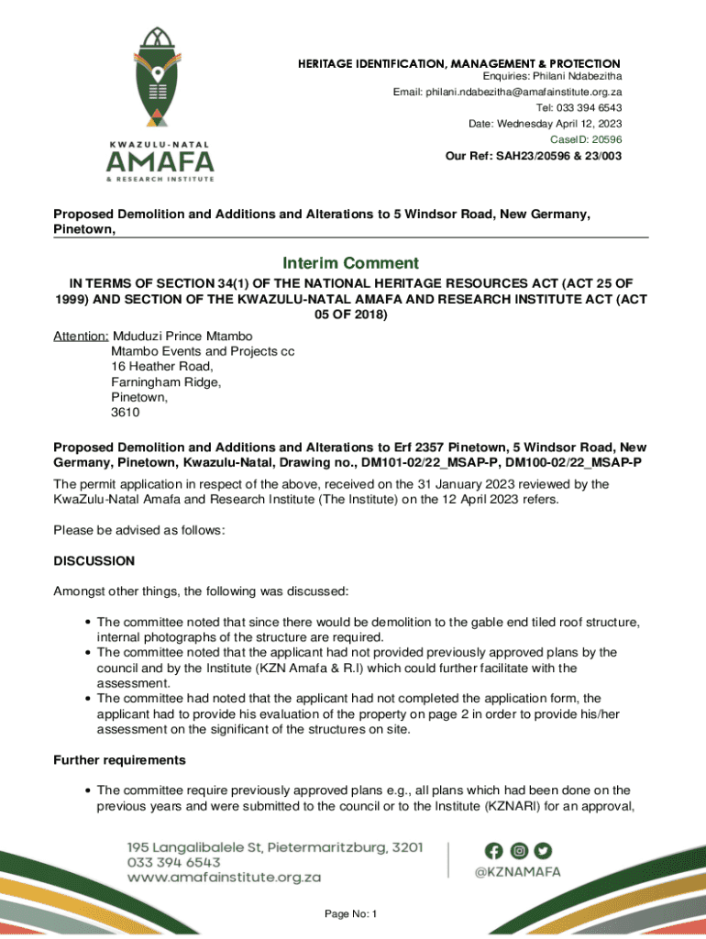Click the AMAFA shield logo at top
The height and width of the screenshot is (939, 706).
pos(160,78)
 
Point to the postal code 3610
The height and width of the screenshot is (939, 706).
pos(126,413)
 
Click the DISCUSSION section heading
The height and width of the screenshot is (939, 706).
pos(94,560)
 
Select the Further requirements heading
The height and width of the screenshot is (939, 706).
pos(119,760)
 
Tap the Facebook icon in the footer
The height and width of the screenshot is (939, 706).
pos(496,851)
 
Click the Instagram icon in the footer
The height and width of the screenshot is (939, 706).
pos(519,851)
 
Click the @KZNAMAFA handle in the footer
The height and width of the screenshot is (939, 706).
pos(517,873)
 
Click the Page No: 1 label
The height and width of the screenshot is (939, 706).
pos(351,914)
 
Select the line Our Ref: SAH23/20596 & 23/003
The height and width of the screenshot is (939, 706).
pos(533,156)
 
